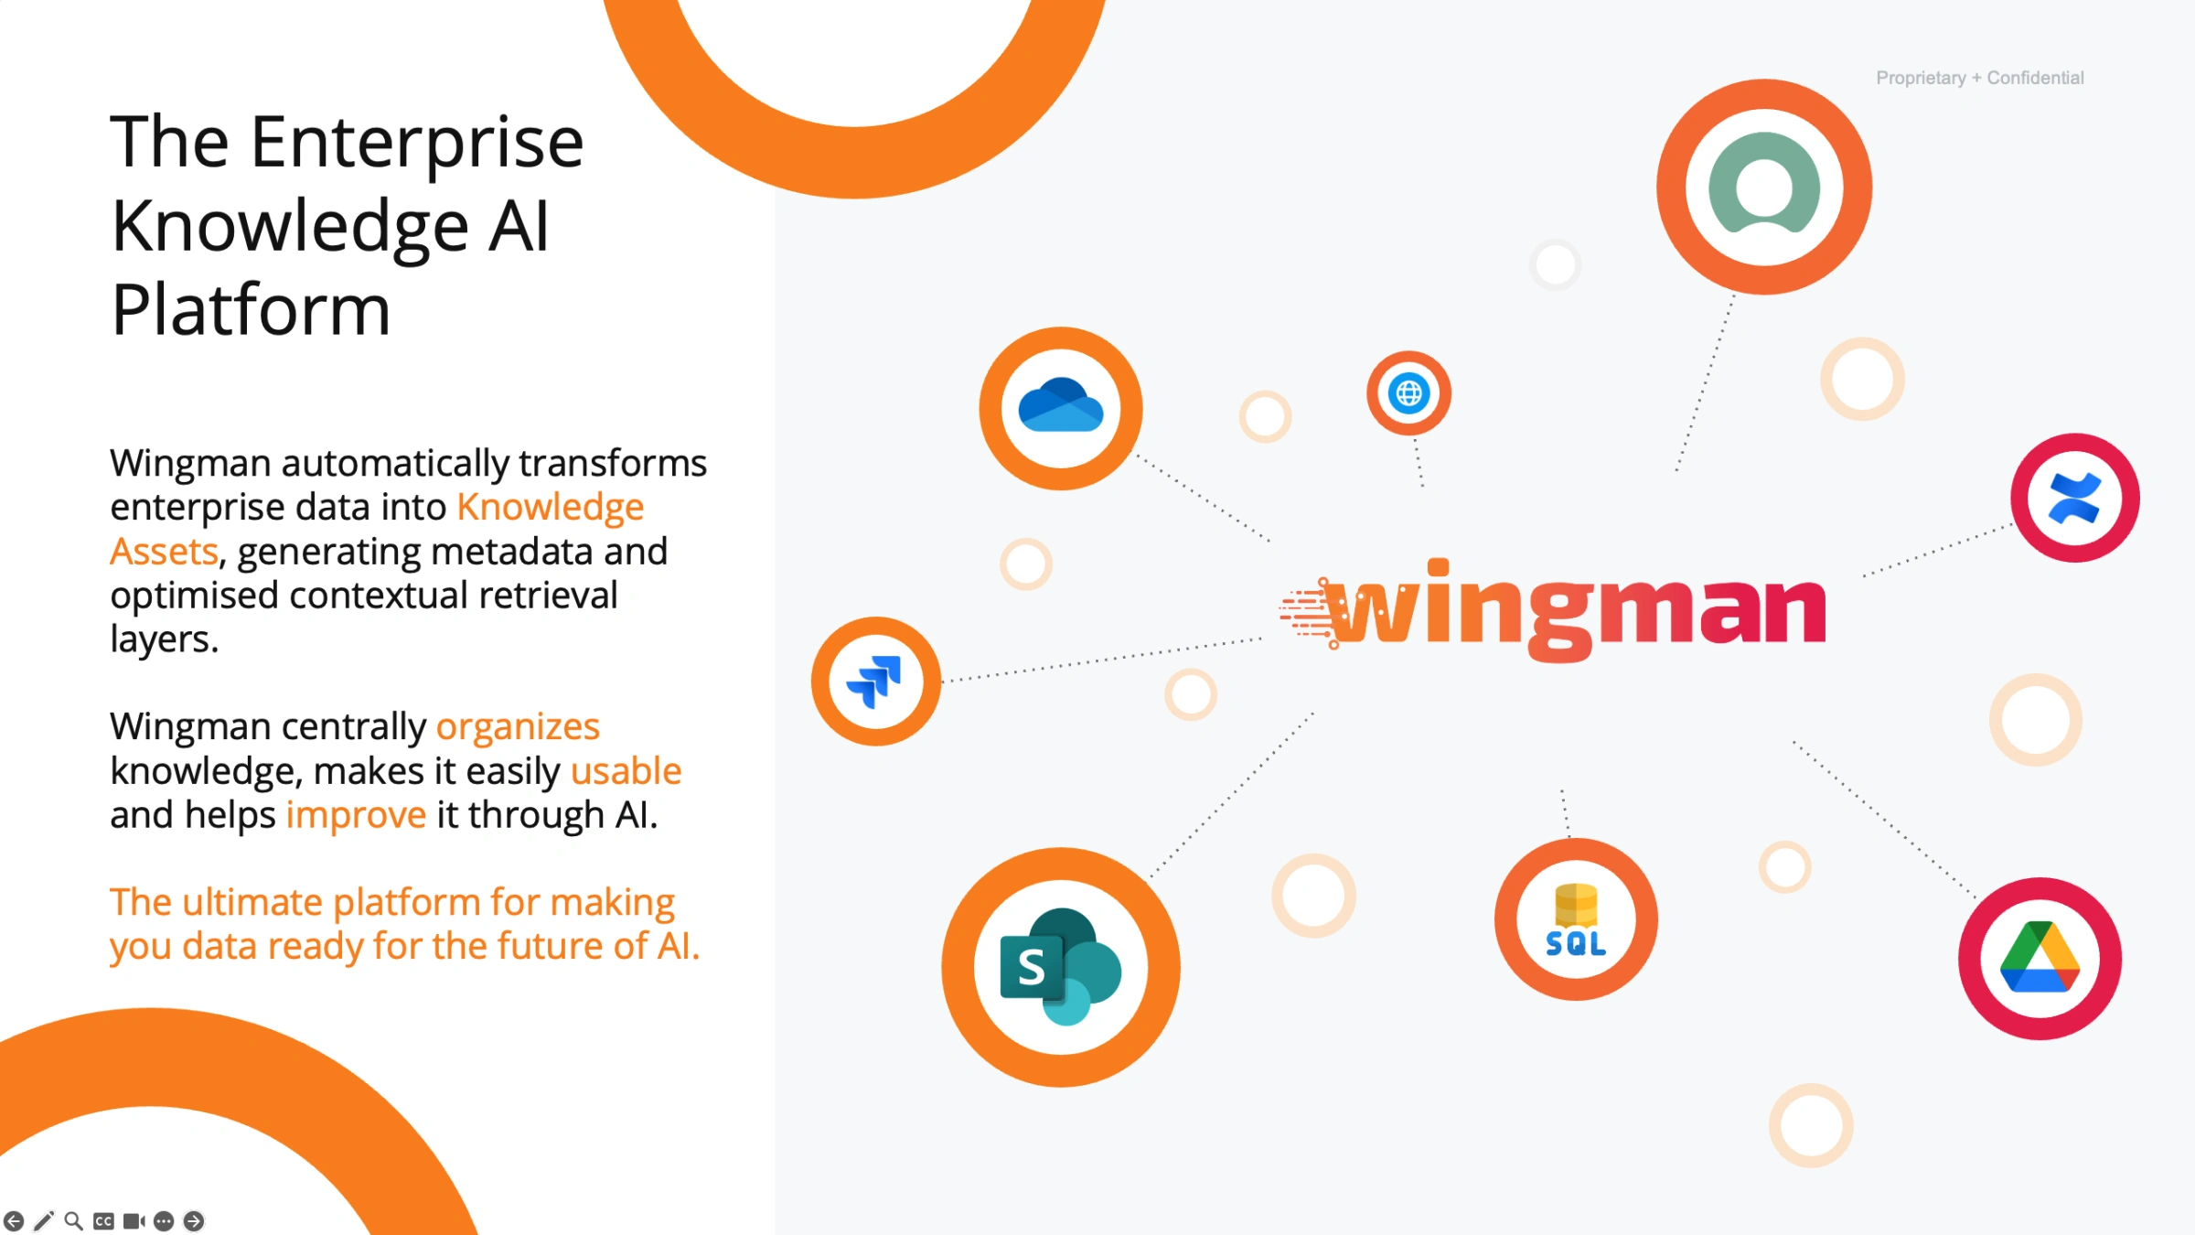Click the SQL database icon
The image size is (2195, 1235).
pos(1576,920)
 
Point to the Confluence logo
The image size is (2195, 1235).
pos(2074,498)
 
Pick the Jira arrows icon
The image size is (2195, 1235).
pos(874,682)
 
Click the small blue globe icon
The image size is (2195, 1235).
pos(1408,393)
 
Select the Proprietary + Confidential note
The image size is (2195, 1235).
pos(1980,78)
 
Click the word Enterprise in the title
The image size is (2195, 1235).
pos(417,143)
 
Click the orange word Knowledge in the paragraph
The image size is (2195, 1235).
pos(551,506)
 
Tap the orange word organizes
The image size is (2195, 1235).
pos(518,726)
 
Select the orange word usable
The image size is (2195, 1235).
pos(626,770)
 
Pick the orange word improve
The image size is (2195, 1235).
pos(356,815)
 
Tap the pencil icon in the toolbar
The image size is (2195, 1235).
pos(43,1220)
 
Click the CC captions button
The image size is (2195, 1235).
pos(104,1220)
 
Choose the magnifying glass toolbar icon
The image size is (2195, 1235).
pos(74,1220)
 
